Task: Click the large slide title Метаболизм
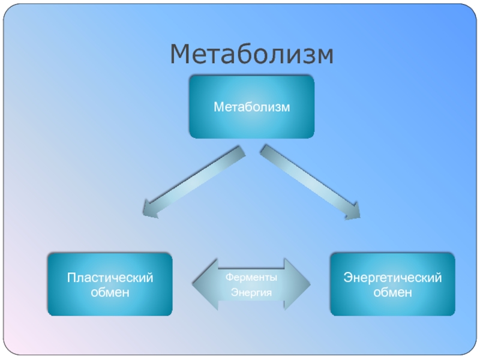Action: [251, 55]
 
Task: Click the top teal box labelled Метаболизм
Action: [251, 107]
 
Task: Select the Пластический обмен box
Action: [110, 284]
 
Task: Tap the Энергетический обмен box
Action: [392, 284]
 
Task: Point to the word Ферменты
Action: [251, 278]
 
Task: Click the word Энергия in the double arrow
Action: [251, 293]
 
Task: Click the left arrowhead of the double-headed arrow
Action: [204, 284]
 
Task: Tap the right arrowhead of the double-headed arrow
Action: [298, 284]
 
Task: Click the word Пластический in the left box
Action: [110, 278]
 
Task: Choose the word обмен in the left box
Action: [110, 292]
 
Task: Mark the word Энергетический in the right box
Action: [392, 278]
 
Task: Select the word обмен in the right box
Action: [392, 292]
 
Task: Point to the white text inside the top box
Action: [251, 107]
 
